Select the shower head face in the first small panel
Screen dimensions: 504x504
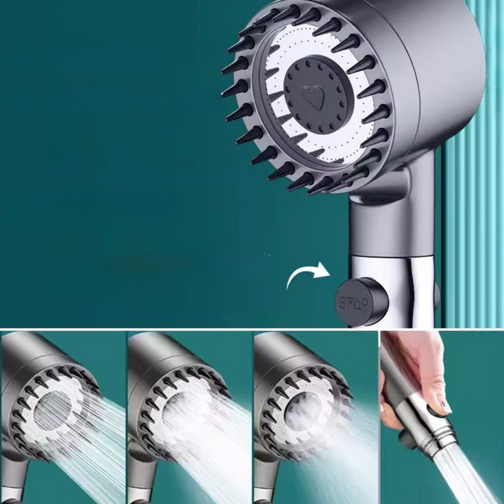coord(53,413)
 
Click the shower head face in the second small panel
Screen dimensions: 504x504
coord(181,413)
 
